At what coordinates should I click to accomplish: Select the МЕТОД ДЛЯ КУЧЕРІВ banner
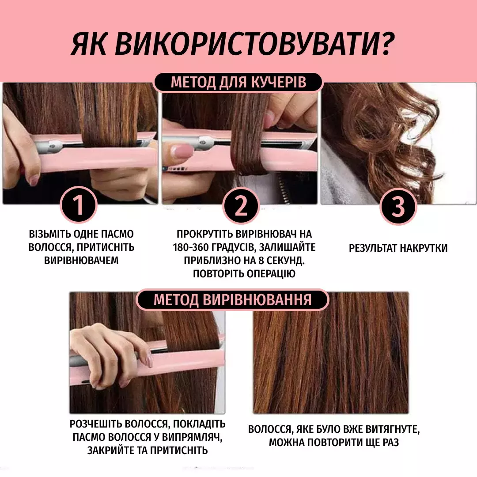(238, 82)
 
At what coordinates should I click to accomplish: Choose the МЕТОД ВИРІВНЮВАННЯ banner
(232, 299)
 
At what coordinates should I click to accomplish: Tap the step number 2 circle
(241, 206)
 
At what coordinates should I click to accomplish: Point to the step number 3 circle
(398, 206)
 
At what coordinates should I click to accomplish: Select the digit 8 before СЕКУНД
(261, 261)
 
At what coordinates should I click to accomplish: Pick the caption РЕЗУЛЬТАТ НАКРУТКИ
(398, 248)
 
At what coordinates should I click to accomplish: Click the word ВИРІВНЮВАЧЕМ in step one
(81, 261)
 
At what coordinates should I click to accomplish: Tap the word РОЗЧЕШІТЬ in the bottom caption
(96, 424)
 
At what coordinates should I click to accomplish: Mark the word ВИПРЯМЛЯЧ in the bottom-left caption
(191, 437)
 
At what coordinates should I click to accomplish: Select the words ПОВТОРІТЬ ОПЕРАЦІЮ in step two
(244, 274)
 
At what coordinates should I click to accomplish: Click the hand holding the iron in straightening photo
(111, 356)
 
